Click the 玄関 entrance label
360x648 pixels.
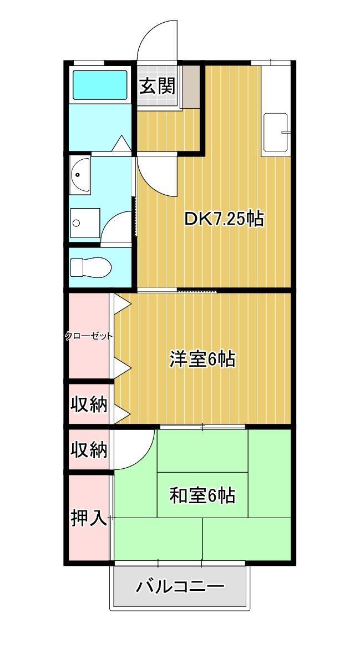(158, 86)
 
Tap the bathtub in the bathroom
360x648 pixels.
(100, 85)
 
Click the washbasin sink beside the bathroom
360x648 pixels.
(80, 175)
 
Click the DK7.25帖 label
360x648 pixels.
(224, 219)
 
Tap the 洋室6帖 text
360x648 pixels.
(202, 359)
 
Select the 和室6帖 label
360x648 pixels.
(202, 495)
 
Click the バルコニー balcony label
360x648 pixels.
(180, 586)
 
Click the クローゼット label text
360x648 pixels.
(88, 336)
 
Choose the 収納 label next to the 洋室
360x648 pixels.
(89, 404)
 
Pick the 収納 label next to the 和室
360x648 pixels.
(89, 449)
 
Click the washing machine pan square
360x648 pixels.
(85, 223)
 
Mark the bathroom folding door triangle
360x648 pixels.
(121, 143)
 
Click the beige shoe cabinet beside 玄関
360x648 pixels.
(191, 87)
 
